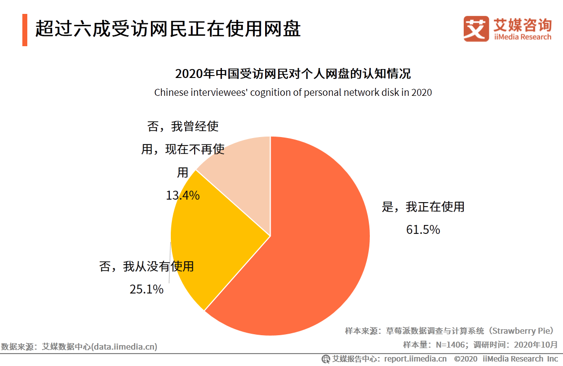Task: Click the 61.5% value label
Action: click(x=423, y=229)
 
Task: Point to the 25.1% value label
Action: click(x=146, y=289)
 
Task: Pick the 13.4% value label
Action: click(x=183, y=196)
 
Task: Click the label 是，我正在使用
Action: click(x=423, y=207)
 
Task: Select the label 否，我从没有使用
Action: click(x=146, y=267)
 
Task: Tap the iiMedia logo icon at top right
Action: click(x=476, y=28)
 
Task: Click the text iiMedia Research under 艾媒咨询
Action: click(x=522, y=37)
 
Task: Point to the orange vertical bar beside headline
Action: click(x=25, y=30)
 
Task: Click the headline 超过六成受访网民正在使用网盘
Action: click(x=168, y=29)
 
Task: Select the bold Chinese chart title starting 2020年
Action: click(x=293, y=74)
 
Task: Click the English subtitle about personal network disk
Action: click(x=293, y=92)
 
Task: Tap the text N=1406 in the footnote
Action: click(x=451, y=344)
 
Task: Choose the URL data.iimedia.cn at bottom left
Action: click(x=124, y=347)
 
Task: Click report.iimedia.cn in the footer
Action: click(x=415, y=359)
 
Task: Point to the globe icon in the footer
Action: click(x=326, y=359)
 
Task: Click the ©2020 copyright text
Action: click(x=465, y=359)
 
